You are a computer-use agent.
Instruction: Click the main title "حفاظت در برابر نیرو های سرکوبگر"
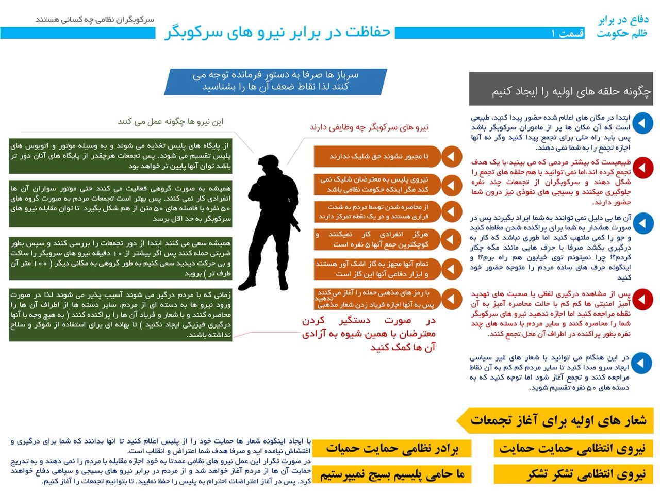click(278, 33)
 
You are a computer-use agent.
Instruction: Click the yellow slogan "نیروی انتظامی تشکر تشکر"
click(572, 474)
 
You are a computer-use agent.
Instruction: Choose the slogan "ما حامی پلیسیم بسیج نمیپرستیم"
click(392, 474)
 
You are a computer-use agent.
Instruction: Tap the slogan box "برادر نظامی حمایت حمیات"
click(392, 448)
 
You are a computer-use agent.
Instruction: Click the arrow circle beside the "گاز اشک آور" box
click(452, 269)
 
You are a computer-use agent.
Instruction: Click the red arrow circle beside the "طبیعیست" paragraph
click(642, 168)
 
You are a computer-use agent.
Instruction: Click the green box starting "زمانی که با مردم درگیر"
click(121, 315)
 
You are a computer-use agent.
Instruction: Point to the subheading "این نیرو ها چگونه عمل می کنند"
click(171, 122)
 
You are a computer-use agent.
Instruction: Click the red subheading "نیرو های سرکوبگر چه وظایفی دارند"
click(369, 127)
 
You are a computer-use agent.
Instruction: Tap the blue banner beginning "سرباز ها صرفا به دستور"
click(275, 80)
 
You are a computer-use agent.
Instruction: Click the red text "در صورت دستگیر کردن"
click(369, 320)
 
